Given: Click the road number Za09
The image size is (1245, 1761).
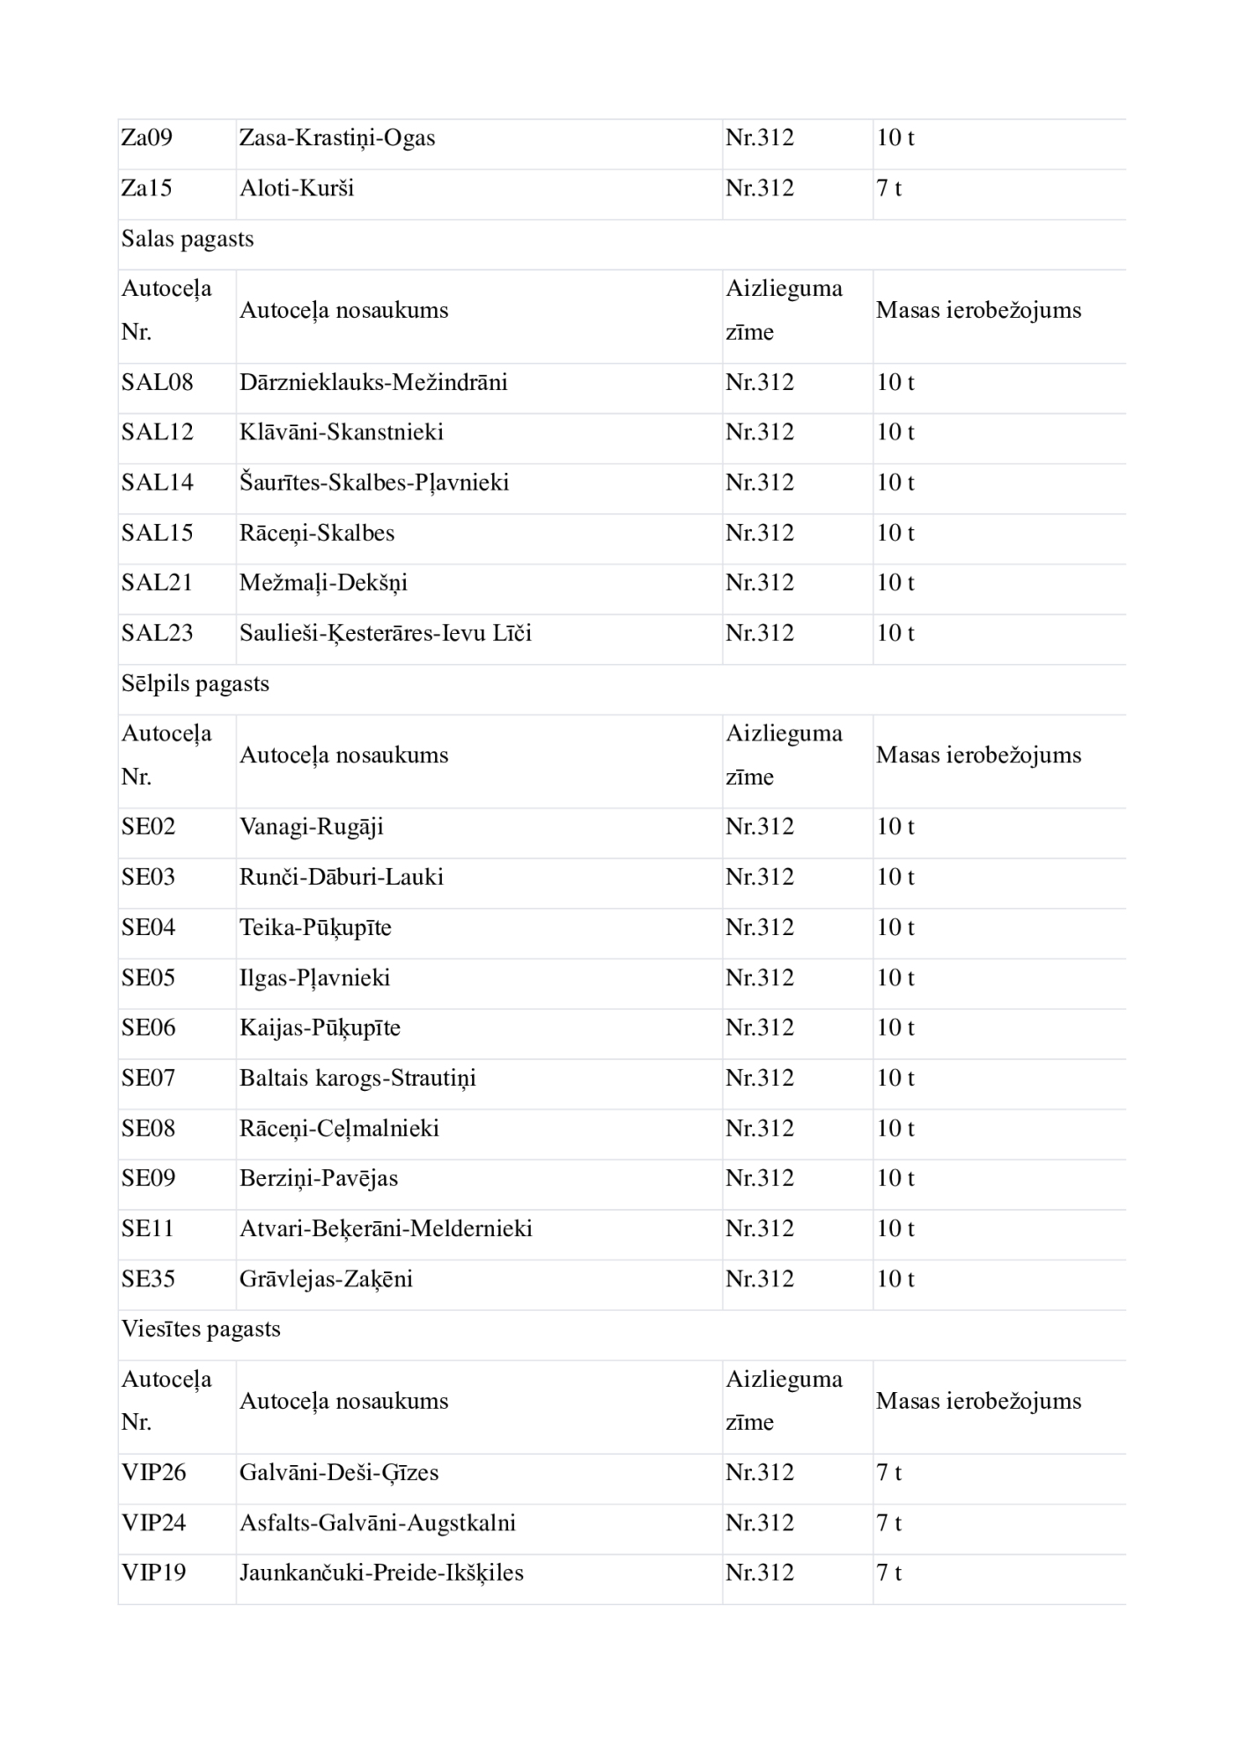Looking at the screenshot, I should tap(147, 138).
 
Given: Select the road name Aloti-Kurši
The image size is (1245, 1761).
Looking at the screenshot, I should tap(297, 188).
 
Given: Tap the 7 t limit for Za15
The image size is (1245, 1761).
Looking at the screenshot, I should tap(888, 188).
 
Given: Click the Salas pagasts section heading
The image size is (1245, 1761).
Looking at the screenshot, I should tap(188, 239).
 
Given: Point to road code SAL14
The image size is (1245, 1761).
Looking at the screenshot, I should tap(157, 483).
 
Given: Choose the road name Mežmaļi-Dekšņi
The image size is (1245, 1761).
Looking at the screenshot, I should tap(323, 583).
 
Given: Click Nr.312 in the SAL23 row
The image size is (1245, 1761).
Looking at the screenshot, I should tap(759, 633).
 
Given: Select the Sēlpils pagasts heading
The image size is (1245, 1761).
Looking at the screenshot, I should tap(195, 684).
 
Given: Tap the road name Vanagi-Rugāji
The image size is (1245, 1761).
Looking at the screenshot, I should tap(312, 827).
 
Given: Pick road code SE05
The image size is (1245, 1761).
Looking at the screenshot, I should tap(148, 978).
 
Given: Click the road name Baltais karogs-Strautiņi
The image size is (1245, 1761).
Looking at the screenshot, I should tap(357, 1079).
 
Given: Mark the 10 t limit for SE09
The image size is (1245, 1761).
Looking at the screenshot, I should tap(895, 1179).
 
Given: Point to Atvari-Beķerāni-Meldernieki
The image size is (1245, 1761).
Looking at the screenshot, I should tap(386, 1229).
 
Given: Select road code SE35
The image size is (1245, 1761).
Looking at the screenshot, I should tap(148, 1279).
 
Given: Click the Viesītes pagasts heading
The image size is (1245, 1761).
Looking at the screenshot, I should tap(201, 1330).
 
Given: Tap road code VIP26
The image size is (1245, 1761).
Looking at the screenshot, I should tap(154, 1473).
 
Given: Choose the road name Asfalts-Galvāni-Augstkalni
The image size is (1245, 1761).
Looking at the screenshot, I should tap(378, 1523).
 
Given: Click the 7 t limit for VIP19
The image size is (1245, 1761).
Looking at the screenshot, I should tap(888, 1573).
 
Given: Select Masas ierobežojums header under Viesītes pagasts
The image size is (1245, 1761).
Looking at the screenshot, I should tap(978, 1402).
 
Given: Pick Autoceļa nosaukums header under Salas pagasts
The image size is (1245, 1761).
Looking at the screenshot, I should tap(343, 311).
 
